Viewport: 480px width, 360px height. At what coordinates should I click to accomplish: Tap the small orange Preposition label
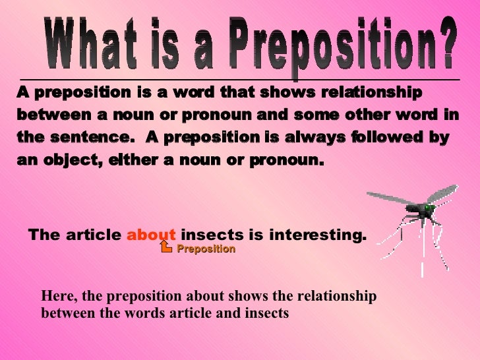pos(206,249)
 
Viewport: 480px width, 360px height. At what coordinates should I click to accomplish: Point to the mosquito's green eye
pos(429,208)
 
